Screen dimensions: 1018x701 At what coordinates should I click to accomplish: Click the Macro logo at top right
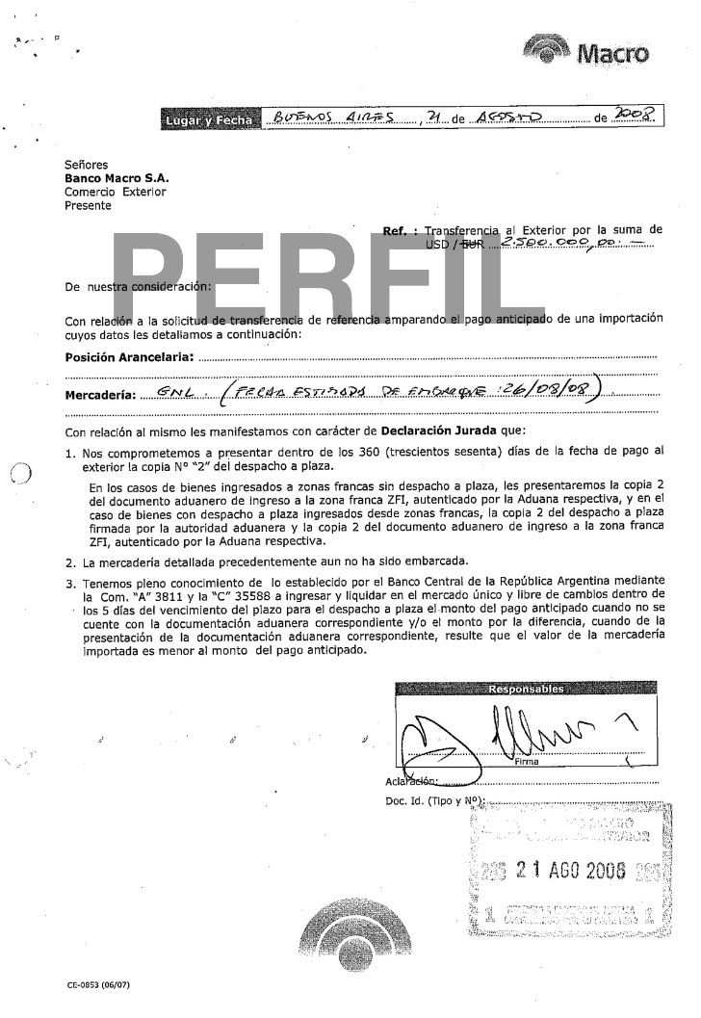point(586,51)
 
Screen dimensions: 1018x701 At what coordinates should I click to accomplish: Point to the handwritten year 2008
point(636,117)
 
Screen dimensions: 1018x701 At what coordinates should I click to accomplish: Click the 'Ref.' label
point(398,232)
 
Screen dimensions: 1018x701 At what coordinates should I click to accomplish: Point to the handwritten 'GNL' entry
point(172,393)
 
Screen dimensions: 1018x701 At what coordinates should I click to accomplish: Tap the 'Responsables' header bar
point(526,690)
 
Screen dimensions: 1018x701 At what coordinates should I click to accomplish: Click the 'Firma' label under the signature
point(527,762)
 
